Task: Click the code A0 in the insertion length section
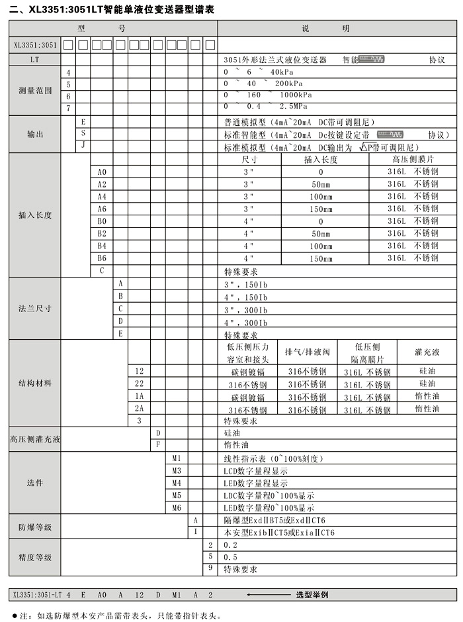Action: coord(102,172)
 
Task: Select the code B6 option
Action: coord(102,258)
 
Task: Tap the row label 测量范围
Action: coord(35,90)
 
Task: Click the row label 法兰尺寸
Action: coord(35,309)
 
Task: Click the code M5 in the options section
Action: coord(177,495)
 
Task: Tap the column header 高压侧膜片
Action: coord(413,160)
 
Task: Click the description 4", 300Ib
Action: coord(245,323)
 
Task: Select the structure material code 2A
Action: coord(139,409)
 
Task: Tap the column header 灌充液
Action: coord(427,352)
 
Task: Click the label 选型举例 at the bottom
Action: coord(312,595)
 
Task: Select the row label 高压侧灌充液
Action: coord(35,439)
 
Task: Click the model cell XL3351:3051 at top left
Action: coord(34,45)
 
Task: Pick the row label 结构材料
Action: coord(35,384)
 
